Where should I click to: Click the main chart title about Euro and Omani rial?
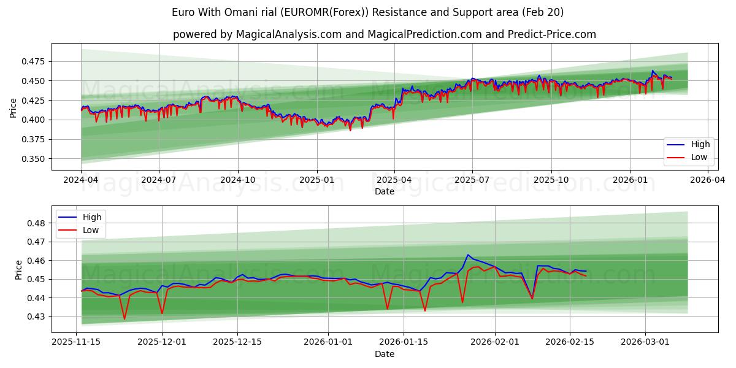(x=368, y=12)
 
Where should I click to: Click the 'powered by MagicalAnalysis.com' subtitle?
(x=384, y=34)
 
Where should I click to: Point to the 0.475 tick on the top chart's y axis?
(x=34, y=61)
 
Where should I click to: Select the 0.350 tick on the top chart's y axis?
(x=34, y=159)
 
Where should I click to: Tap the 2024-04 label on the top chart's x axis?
(x=81, y=180)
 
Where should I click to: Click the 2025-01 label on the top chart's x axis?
(x=316, y=180)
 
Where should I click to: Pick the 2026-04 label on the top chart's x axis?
(x=708, y=180)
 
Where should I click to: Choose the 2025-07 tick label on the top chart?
(x=472, y=180)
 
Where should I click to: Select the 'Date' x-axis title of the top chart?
(x=385, y=191)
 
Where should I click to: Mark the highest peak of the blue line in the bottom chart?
(x=468, y=255)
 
